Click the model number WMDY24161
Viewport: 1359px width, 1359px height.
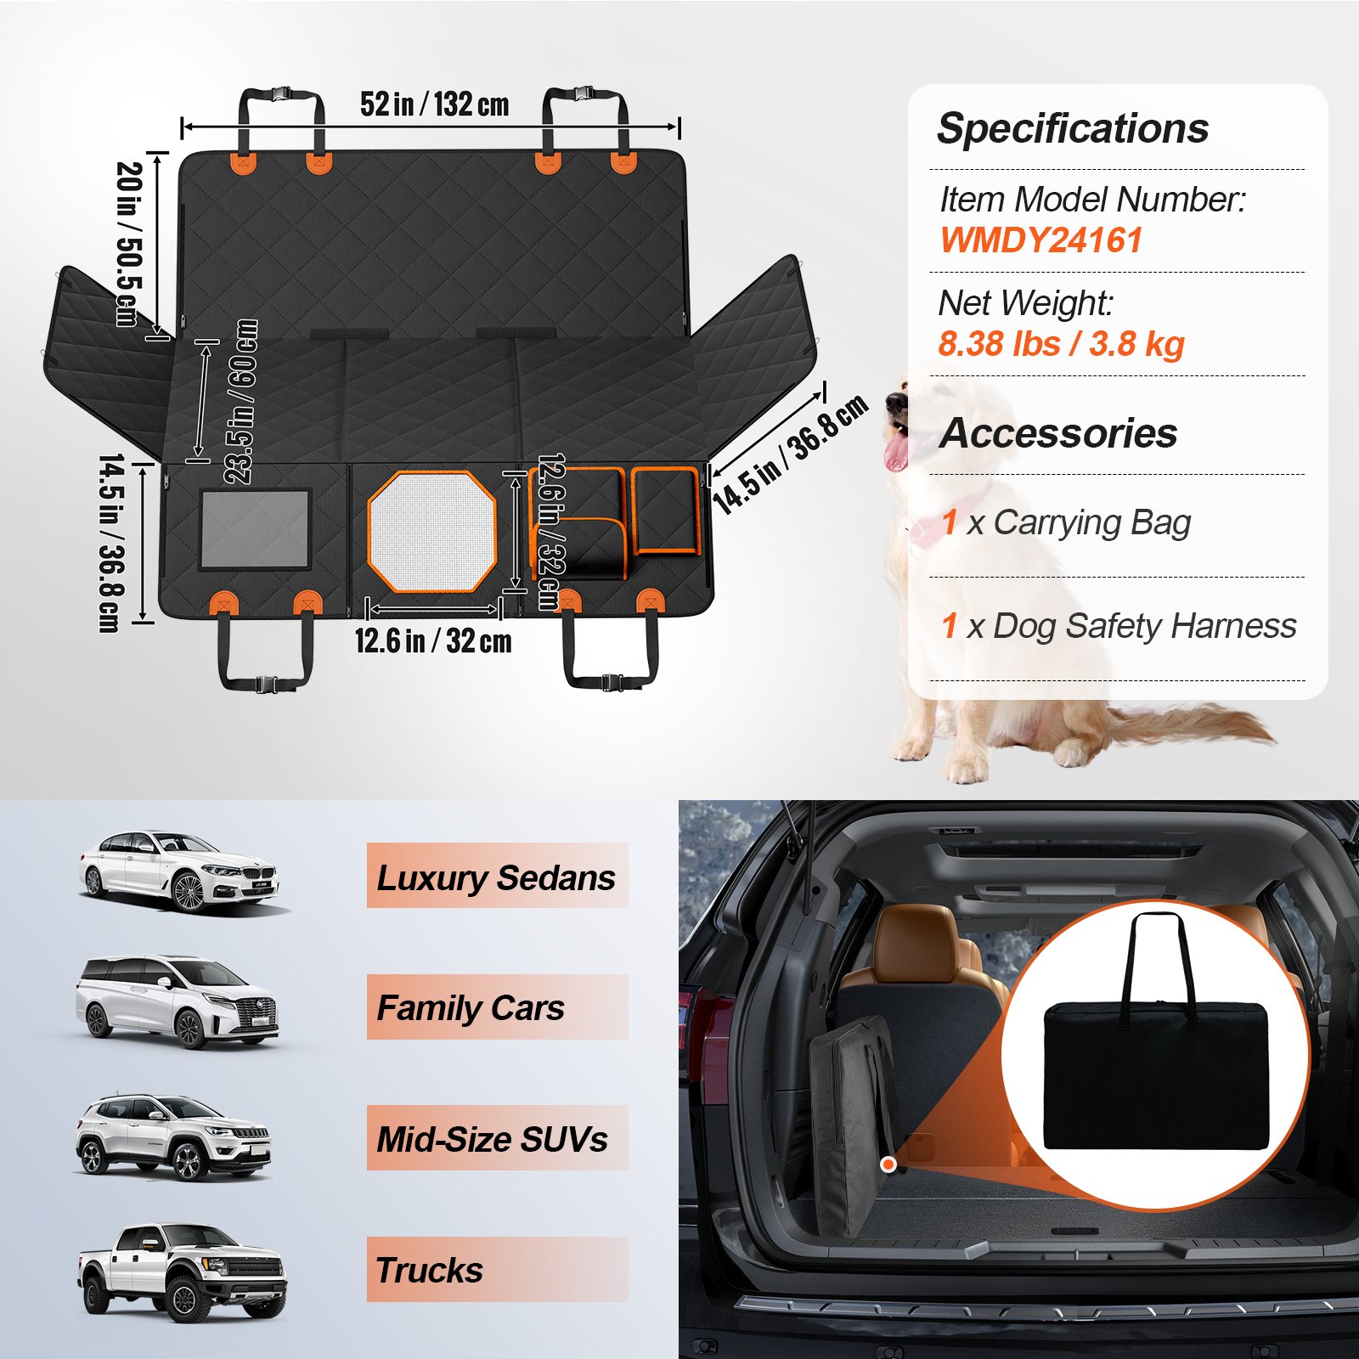1040,240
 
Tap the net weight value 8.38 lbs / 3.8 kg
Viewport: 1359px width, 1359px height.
1061,344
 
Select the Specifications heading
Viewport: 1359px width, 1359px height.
1073,129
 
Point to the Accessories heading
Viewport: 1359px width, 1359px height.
1058,433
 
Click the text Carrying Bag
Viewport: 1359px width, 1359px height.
1091,522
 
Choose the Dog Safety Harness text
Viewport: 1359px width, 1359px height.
1144,626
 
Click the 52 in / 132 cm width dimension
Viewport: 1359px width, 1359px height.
434,104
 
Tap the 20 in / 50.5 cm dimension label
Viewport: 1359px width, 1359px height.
128,244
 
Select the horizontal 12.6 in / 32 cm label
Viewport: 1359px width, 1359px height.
433,640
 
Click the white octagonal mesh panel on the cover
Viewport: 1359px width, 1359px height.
431,532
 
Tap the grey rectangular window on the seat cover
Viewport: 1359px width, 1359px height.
256,530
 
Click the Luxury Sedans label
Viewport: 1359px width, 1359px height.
496,877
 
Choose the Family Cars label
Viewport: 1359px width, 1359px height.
471,1008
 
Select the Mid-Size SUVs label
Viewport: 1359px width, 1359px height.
492,1139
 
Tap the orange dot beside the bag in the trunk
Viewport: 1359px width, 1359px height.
888,1164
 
